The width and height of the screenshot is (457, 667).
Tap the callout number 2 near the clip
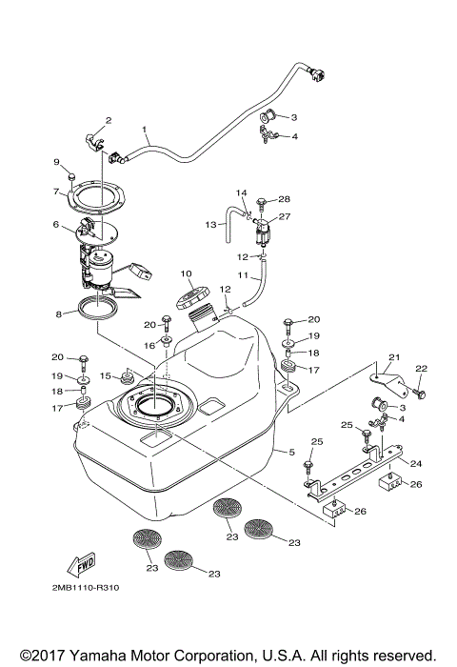click(x=109, y=120)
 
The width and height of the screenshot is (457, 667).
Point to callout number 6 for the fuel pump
click(x=57, y=225)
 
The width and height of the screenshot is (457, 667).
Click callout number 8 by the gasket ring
click(x=59, y=313)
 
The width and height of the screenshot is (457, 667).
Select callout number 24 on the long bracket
click(x=415, y=464)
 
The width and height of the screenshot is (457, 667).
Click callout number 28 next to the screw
click(x=285, y=198)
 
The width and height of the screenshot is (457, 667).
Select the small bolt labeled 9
click(x=71, y=177)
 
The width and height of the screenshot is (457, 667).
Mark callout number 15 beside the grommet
click(x=107, y=375)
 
